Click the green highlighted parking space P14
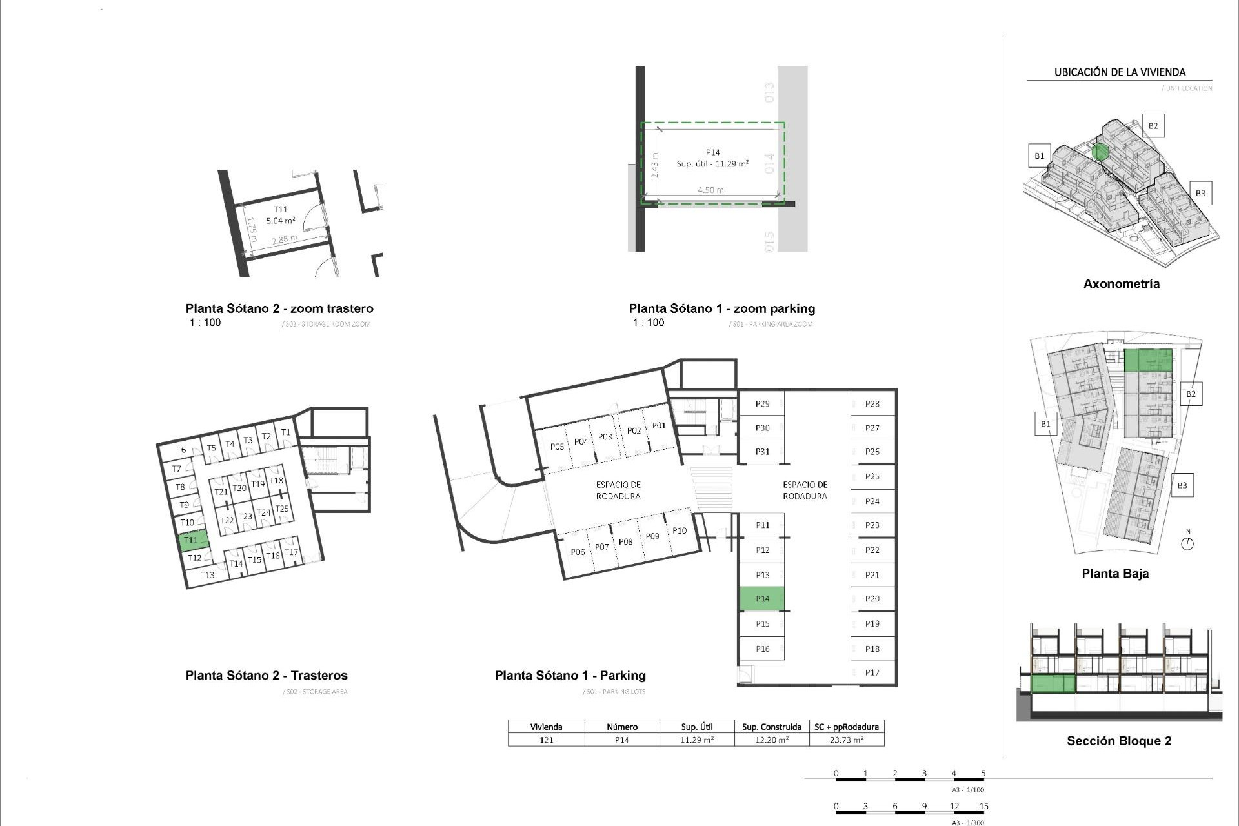761,599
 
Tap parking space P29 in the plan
762,404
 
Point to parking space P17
872,672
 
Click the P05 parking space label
557,447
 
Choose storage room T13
207,575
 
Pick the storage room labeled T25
282,509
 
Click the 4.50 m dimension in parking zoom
710,190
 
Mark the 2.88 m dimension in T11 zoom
284,239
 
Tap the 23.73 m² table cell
847,740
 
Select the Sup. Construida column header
772,727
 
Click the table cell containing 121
546,740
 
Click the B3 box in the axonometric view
1200,193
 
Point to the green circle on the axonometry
1101,152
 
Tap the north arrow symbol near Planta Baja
1187,543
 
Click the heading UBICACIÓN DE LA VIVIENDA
1120,72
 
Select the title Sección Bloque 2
1119,741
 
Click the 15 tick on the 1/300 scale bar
983,807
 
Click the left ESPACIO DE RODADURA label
618,490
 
